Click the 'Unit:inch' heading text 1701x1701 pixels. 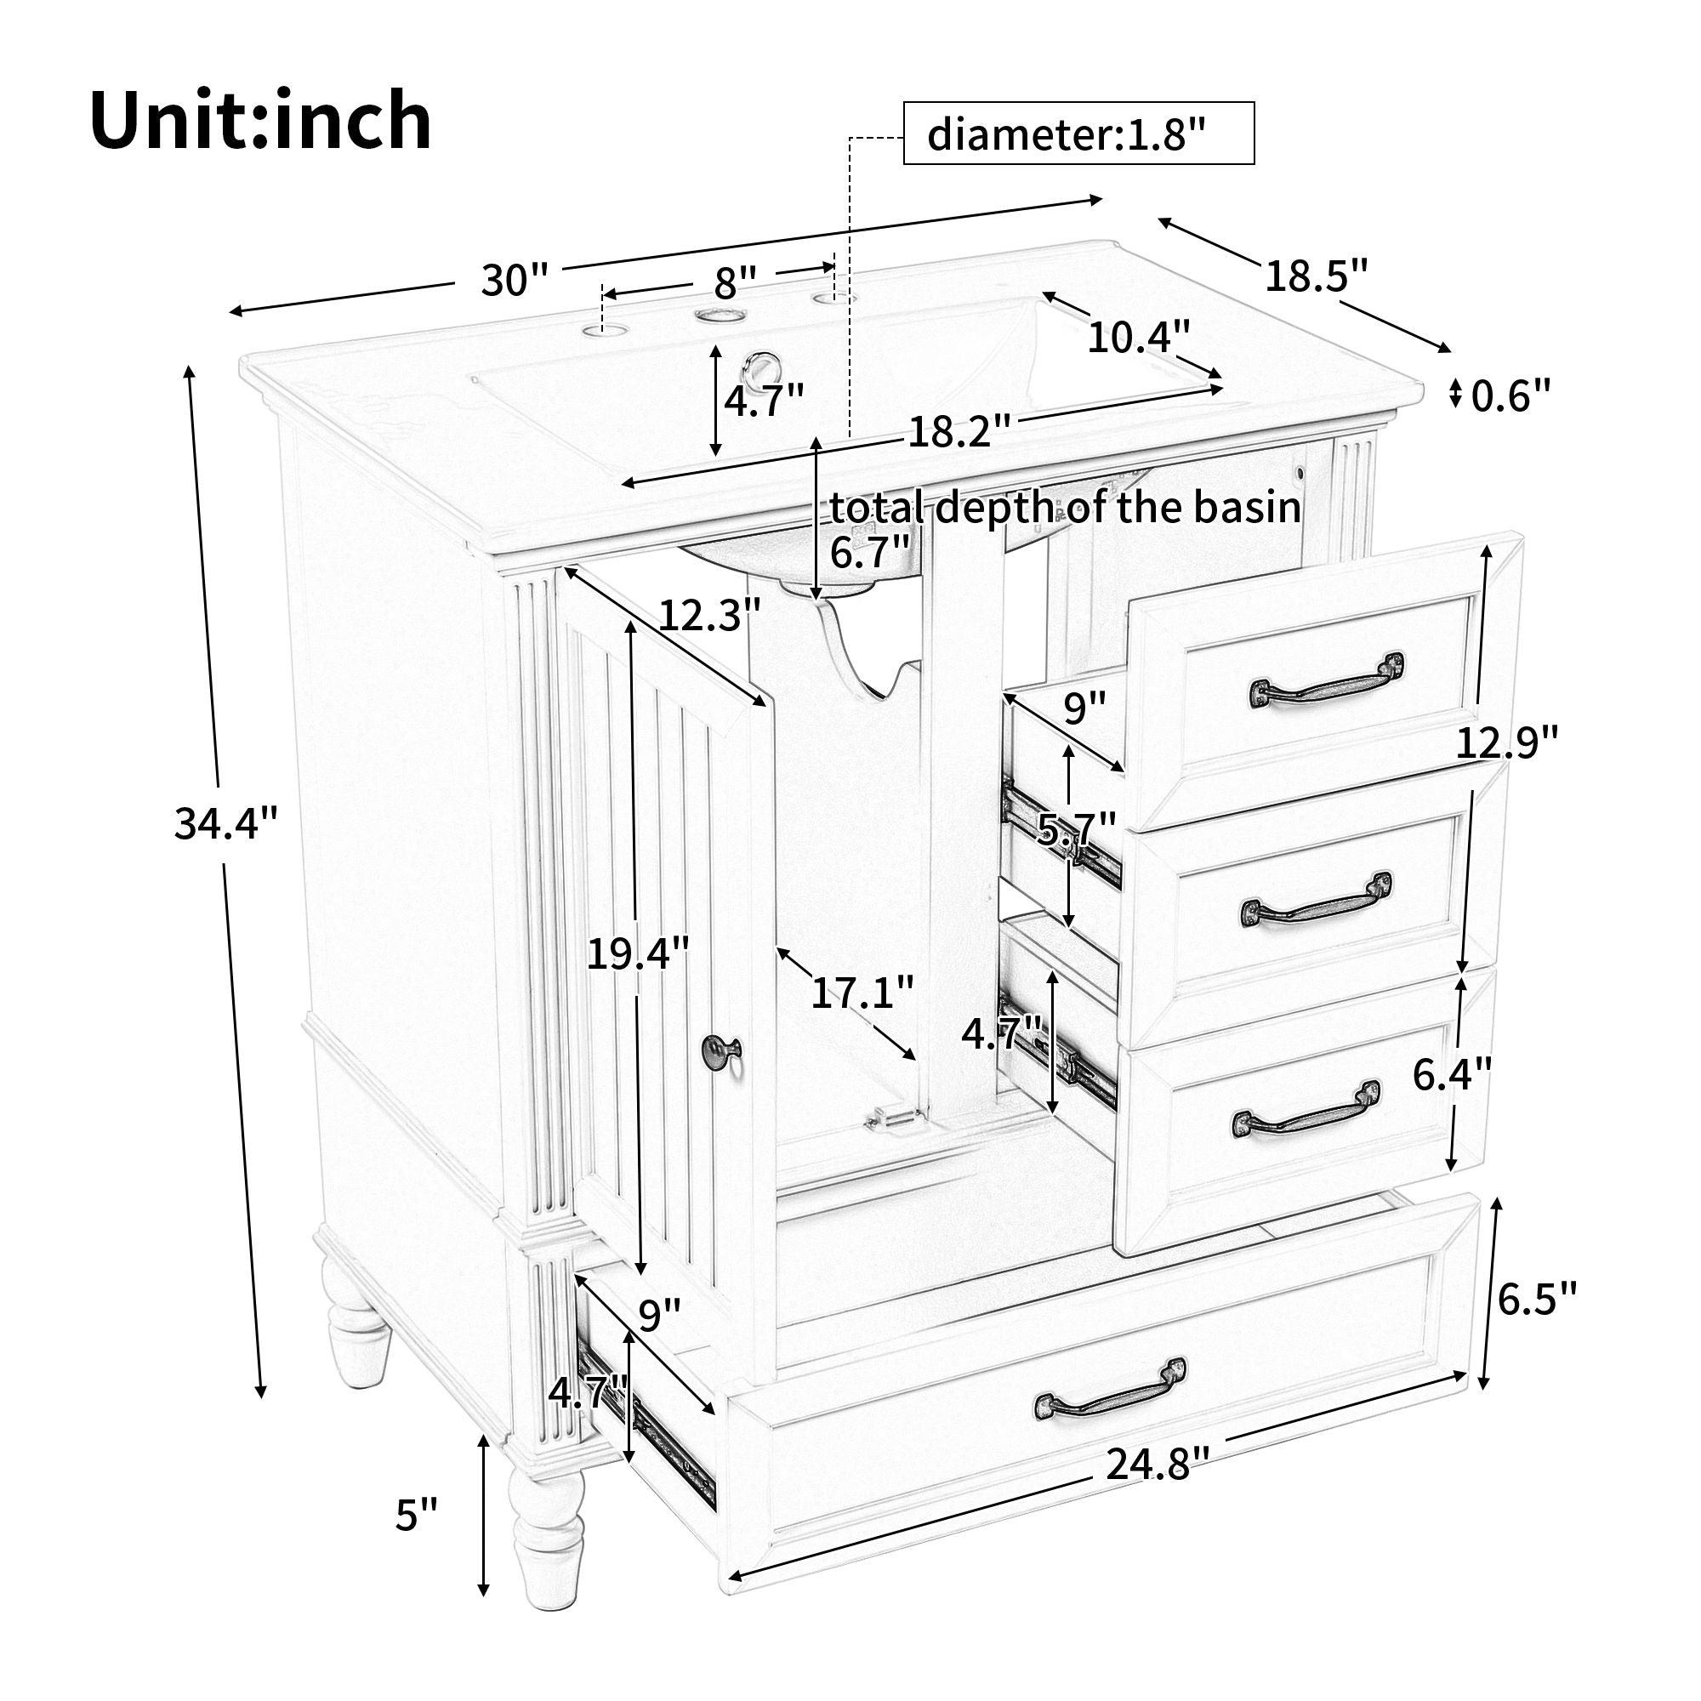pos(260,121)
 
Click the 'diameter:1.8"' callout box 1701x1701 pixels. pos(1078,134)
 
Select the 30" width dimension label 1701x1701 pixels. pos(515,281)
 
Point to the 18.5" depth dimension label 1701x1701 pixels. pos(1317,276)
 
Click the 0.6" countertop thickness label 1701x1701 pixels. pos(1510,395)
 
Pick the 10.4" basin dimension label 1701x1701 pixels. pos(1139,336)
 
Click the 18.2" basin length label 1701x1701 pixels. pos(959,432)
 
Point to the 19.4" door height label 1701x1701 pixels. pos(637,953)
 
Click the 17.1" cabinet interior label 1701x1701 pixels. pos(862,993)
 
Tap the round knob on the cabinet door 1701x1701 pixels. pos(720,1048)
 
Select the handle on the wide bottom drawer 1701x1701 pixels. pos(1111,1397)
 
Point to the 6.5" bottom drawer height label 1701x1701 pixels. pos(1536,1299)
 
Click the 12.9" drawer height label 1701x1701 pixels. pos(1506,742)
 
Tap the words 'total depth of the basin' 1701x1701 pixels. pos(1066,508)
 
